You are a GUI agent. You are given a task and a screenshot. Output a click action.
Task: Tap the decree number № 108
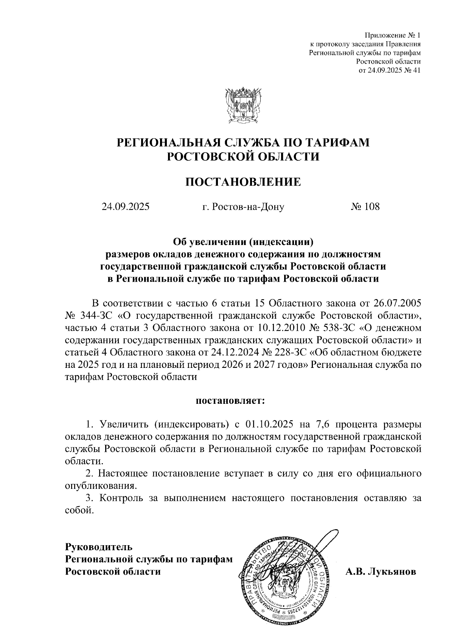(365, 207)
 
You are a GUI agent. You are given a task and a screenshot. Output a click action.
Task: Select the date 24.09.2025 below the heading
(125, 207)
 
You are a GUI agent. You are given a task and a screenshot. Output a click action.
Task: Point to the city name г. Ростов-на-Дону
(243, 207)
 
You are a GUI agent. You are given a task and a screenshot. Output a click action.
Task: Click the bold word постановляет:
(230, 400)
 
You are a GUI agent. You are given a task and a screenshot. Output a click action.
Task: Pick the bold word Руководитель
(99, 547)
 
